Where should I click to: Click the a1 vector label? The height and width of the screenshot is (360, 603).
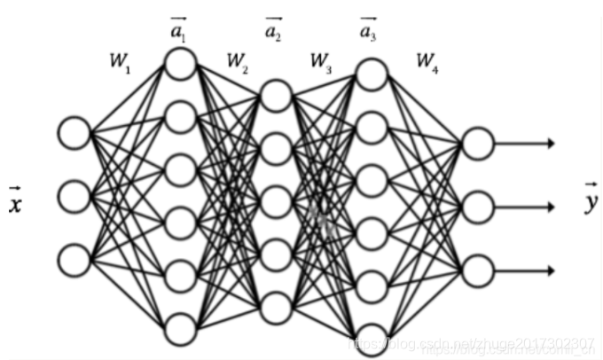pos(180,28)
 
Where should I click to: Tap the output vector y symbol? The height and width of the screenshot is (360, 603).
pos(590,199)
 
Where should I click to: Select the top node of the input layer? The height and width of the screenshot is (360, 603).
pos(74,133)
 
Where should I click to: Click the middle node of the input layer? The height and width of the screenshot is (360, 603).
pos(74,195)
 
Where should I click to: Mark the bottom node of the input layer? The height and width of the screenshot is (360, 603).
pos(74,259)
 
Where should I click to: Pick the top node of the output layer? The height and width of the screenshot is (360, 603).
pos(478,142)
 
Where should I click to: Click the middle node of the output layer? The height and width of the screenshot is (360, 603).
pos(478,206)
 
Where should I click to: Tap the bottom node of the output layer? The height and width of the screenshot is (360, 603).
pos(478,269)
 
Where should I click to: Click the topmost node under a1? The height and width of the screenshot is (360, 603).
pos(180,63)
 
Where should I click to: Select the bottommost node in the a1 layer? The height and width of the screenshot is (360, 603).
pos(180,328)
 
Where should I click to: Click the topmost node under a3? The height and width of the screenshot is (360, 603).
pos(372,74)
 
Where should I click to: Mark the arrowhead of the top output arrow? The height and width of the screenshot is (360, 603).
pos(551,143)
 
